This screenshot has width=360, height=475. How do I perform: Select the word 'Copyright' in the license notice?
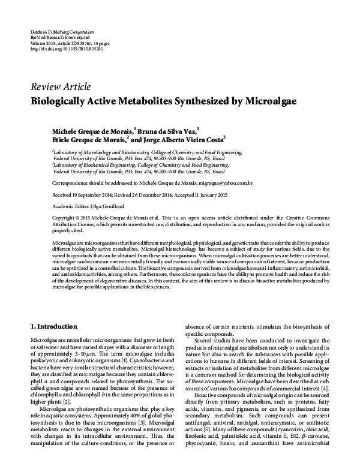[x=65, y=216]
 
